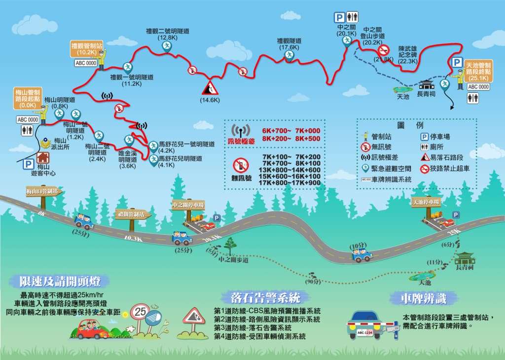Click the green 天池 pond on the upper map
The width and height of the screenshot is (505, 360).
point(402,89)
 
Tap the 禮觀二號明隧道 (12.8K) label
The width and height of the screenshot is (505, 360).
point(168,34)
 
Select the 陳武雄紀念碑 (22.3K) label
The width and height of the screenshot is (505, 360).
point(408,55)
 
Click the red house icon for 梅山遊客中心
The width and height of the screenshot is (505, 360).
point(43,157)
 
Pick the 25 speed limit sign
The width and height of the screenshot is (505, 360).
point(141,311)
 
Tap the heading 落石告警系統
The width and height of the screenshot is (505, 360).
point(265,297)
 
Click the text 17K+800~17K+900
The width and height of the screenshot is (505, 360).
point(289,183)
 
